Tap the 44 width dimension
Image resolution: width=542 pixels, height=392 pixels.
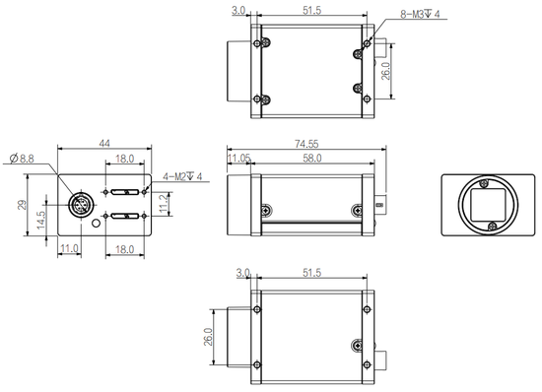coord(102,144)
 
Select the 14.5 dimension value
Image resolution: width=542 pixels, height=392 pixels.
coord(40,218)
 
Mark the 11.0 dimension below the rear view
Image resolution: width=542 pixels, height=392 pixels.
coord(69,250)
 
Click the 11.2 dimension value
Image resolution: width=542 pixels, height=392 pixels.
coord(164,203)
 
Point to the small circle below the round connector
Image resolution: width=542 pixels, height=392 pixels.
coord(95,224)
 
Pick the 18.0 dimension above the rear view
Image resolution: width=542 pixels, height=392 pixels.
coord(125,158)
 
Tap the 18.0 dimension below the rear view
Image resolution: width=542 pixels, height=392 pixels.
coord(125,250)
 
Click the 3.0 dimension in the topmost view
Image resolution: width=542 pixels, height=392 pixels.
coord(238,11)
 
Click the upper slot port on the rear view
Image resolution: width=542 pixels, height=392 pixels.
coord(125,193)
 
